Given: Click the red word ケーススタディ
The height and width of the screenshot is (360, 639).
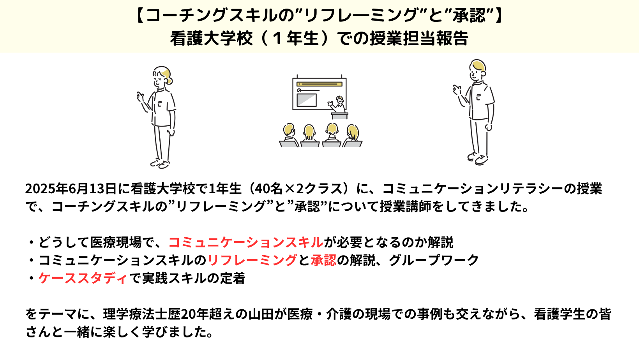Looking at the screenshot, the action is point(83,278).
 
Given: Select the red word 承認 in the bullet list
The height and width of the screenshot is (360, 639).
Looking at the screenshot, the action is point(323,260).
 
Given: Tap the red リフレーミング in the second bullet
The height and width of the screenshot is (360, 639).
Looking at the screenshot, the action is point(252,260).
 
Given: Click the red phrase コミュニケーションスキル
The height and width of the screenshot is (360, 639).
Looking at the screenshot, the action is point(246,242).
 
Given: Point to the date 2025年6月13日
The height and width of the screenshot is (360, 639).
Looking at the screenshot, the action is point(71,189).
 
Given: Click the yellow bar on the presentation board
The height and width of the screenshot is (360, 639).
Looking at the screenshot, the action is point(319,84).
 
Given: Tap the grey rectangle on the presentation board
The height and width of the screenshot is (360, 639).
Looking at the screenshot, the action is point(307,100).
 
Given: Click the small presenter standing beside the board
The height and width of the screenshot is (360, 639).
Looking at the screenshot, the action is point(338,104).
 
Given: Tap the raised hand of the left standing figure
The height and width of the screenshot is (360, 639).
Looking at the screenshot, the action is point(140,96).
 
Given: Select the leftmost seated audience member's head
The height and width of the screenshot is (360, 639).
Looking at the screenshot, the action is point(289,130).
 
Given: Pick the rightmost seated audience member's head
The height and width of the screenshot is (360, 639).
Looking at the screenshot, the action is point(353,132).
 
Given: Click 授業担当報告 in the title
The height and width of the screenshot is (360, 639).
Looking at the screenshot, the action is point(419,38).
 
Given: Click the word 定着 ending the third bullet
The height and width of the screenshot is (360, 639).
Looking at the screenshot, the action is point(232,278).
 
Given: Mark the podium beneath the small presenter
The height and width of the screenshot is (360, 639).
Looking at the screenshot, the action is point(339,116).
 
